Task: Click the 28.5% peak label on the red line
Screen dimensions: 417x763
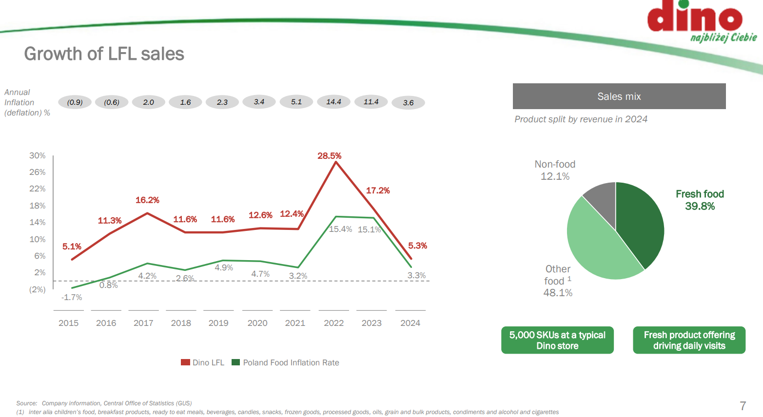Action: (x=329, y=156)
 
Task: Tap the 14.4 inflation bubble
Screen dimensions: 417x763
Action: (x=333, y=102)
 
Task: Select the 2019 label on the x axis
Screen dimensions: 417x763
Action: (x=218, y=323)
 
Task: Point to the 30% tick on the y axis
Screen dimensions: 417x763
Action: (x=38, y=155)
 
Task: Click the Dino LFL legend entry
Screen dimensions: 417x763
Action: (x=203, y=362)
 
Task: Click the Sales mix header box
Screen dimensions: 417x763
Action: (x=619, y=96)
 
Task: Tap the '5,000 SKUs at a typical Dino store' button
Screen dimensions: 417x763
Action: (x=557, y=340)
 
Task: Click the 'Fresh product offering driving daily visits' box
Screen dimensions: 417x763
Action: (x=689, y=340)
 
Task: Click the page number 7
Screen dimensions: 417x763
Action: (x=743, y=406)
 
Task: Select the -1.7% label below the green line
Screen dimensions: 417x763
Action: (x=72, y=297)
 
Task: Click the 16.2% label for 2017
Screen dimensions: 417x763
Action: (x=147, y=200)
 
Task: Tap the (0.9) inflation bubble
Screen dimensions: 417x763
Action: (x=75, y=102)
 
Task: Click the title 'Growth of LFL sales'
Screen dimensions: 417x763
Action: (x=104, y=54)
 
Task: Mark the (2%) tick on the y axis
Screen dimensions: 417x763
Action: (x=38, y=289)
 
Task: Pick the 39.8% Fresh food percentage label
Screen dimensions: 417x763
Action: (x=700, y=206)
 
